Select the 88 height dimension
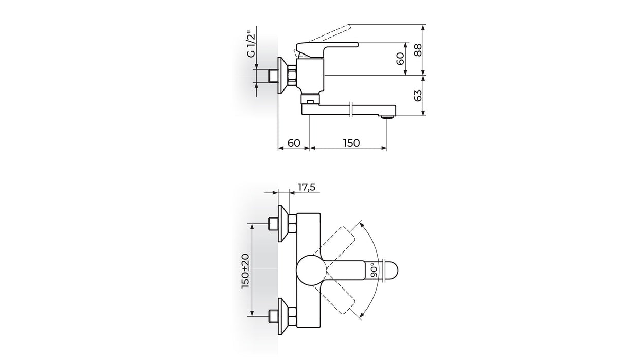coord(418,50)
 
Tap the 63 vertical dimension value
coord(418,96)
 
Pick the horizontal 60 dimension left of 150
coord(293,142)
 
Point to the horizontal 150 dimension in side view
coord(351,142)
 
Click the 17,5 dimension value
coord(306,187)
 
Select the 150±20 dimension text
coord(245,269)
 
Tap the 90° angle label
coord(372,269)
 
